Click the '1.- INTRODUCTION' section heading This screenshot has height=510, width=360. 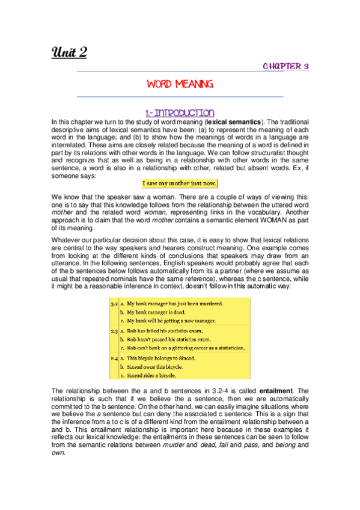180,112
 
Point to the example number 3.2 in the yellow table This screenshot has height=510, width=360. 114,304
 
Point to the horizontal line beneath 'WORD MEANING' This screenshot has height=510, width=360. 180,96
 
